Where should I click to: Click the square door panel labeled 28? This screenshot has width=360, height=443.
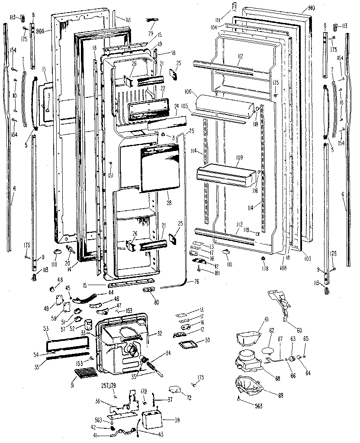(x=160, y=169)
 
